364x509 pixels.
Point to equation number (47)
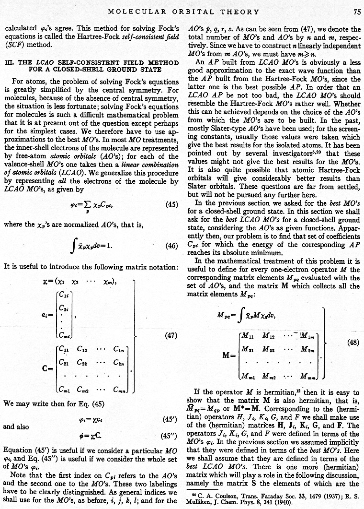(171, 336)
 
